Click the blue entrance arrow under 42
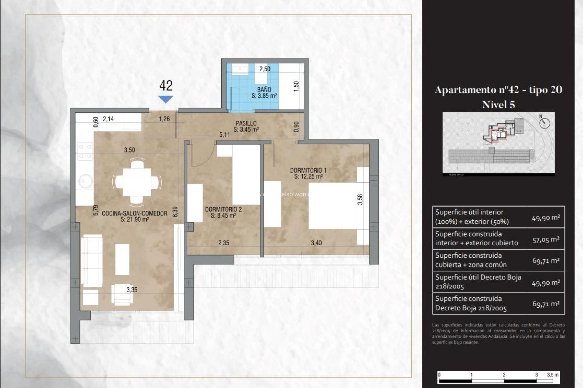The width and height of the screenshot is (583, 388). coord(165,99)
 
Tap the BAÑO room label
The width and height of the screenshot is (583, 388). coord(264,90)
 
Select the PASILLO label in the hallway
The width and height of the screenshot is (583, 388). coord(246,123)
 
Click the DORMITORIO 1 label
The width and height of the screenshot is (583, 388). coord(308,170)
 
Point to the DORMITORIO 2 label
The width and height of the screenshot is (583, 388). coord(223,209)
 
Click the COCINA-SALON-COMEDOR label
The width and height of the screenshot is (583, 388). coord(135,213)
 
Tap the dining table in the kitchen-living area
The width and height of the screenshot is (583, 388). coord(137,182)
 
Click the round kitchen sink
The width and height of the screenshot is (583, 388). coord(85,181)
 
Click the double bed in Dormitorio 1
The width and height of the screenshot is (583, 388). coord(336,206)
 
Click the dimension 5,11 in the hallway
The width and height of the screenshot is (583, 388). coord(224,135)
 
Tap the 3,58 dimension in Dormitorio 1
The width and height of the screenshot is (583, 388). coord(360,199)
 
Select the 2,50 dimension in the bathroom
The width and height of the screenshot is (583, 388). coord(264,69)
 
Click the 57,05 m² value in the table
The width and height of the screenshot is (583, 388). coord(546,239)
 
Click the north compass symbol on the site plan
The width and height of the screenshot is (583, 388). coord(545,123)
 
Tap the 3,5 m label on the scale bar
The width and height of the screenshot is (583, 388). coord(553,375)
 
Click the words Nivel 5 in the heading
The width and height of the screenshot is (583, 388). coord(498,105)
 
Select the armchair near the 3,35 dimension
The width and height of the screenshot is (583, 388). coord(122,294)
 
